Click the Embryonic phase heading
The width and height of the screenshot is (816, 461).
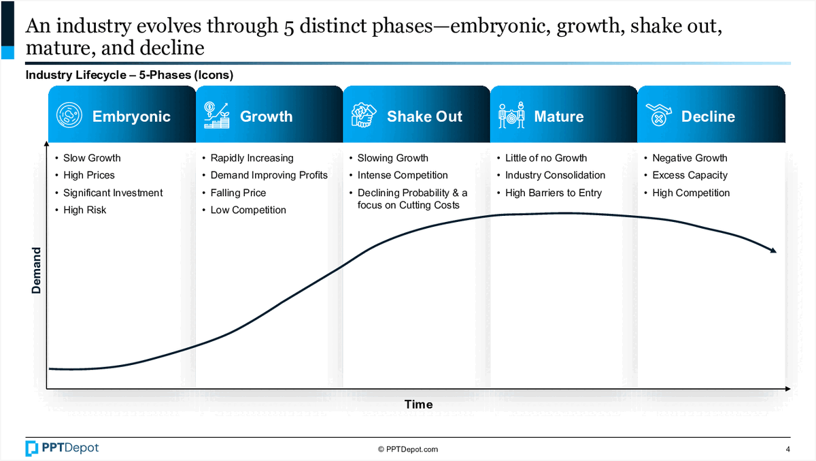click(131, 116)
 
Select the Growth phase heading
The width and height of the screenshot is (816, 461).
click(266, 116)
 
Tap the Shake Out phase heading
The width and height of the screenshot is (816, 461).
click(424, 116)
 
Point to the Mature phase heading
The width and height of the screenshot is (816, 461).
click(559, 116)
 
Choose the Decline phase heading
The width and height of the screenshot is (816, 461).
click(708, 116)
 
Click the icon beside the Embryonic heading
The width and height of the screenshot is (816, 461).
click(69, 116)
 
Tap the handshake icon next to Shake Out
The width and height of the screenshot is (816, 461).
click(363, 116)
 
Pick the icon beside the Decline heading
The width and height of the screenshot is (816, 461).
click(658, 116)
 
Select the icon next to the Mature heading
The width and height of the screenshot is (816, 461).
click(511, 116)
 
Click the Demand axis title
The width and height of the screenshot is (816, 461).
click(37, 270)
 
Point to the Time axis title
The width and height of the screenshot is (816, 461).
click(418, 404)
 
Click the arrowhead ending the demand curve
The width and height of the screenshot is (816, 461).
click(772, 251)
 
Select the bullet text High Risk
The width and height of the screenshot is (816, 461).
click(84, 210)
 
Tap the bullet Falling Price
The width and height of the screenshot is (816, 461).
click(238, 193)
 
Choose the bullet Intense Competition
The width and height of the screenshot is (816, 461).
click(403, 175)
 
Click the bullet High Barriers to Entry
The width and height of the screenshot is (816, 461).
click(553, 193)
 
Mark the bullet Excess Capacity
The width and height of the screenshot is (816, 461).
click(690, 175)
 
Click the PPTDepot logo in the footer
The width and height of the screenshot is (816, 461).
click(62, 448)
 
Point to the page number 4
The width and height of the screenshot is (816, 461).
click(787, 449)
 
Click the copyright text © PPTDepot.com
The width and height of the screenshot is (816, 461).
click(408, 449)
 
